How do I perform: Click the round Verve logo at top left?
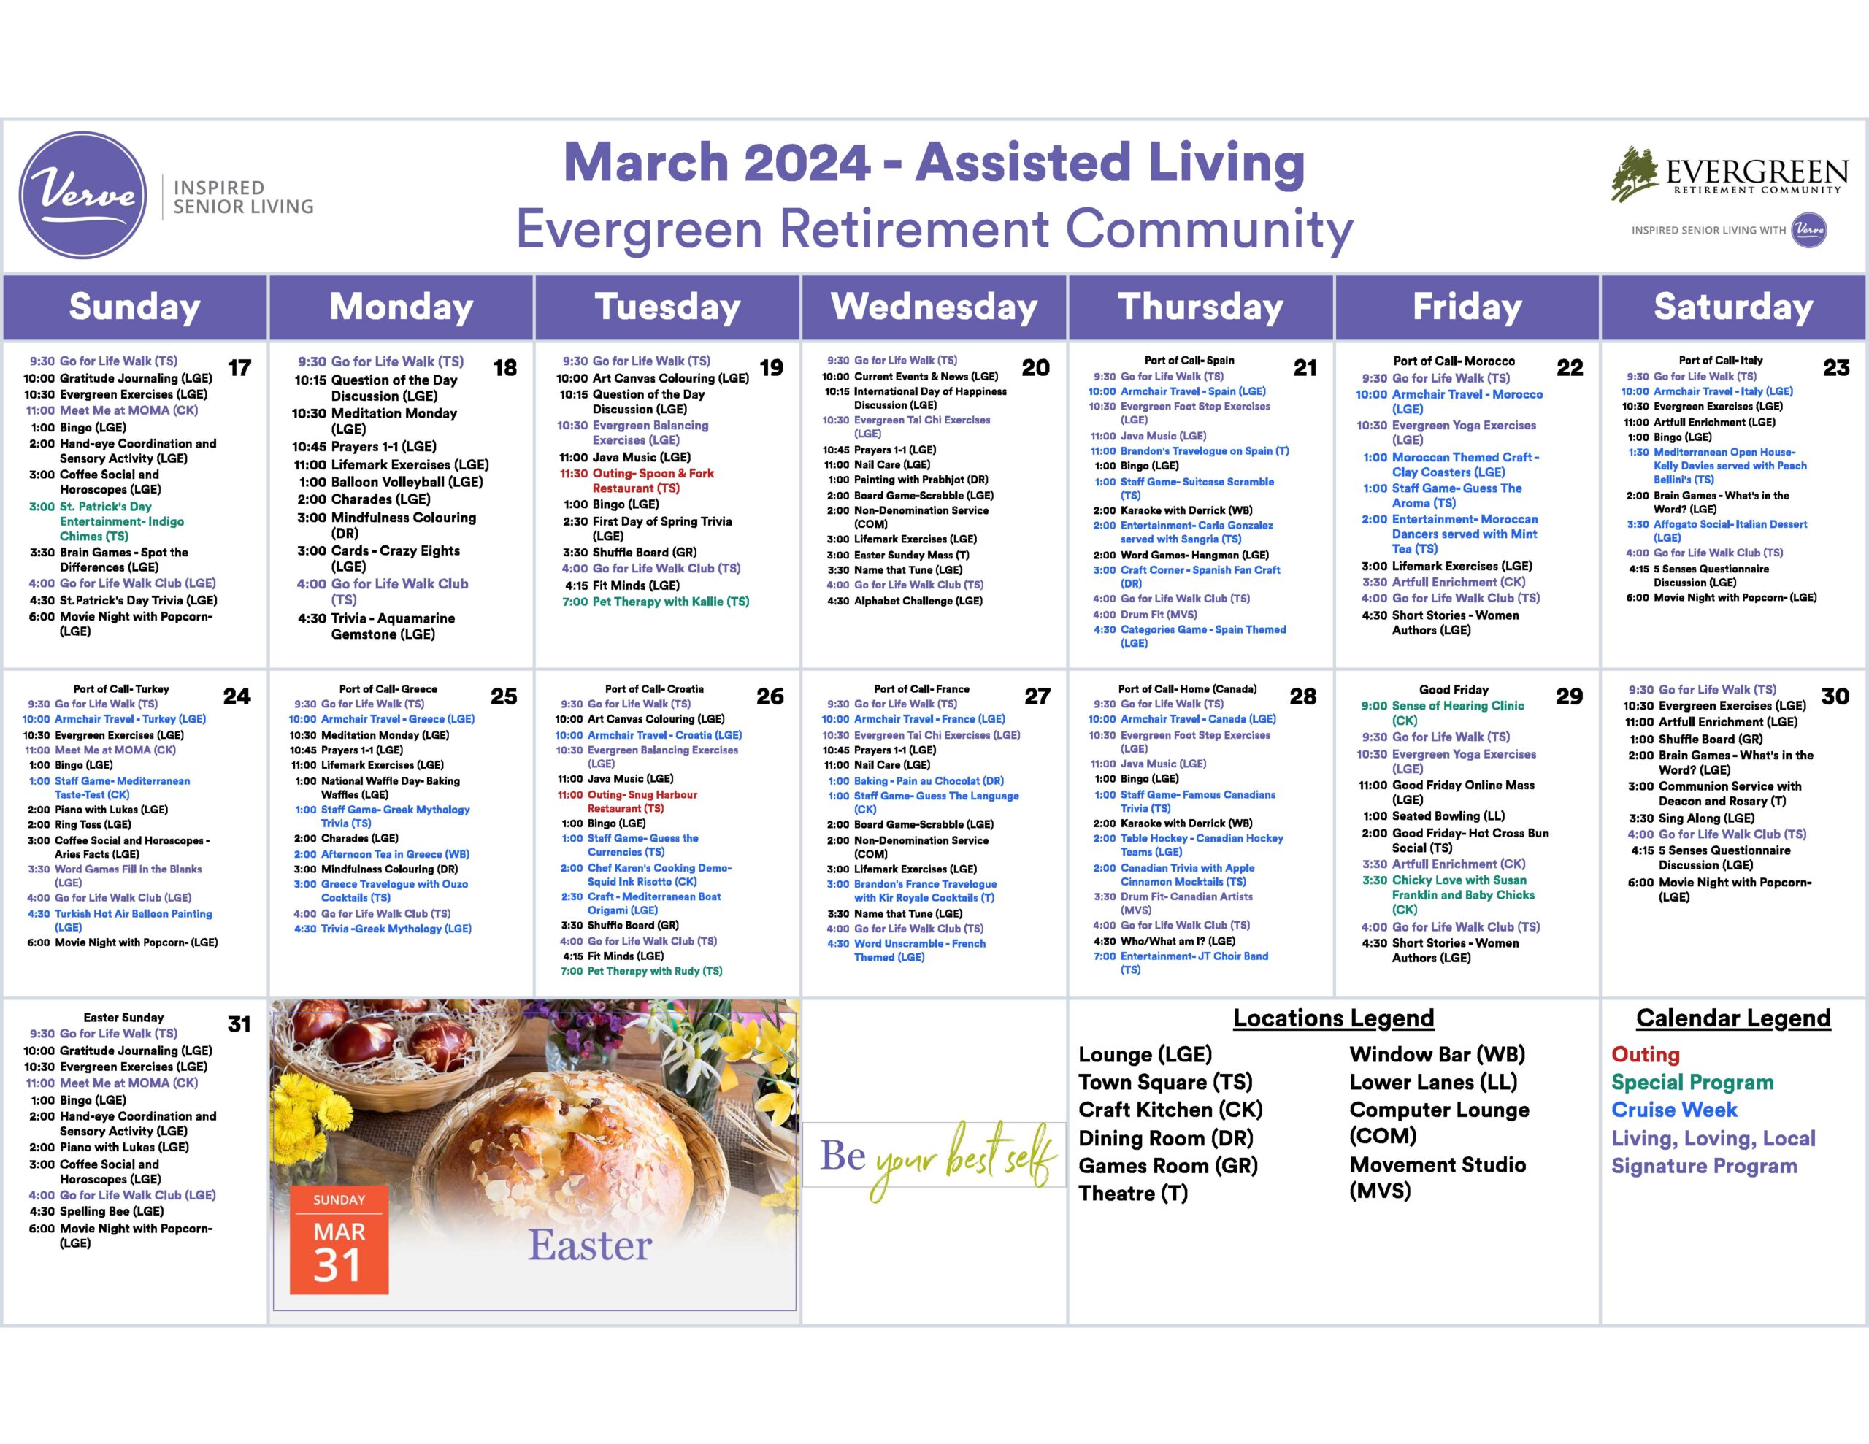83,195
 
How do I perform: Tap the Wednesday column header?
934,307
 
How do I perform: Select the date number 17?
239,368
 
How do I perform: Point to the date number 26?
770,696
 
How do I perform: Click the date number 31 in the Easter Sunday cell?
239,1024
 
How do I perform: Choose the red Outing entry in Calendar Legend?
1645,1055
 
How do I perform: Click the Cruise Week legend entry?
1674,1110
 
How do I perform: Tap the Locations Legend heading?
1333,1018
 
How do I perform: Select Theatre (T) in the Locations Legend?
1133,1192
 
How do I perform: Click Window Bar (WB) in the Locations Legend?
1438,1055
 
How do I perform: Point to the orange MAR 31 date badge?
339,1240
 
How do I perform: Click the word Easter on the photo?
590,1245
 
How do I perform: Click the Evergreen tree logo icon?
1635,174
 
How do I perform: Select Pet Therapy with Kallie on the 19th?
655,602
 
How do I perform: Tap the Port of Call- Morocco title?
1453,361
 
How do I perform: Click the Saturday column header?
1733,307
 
